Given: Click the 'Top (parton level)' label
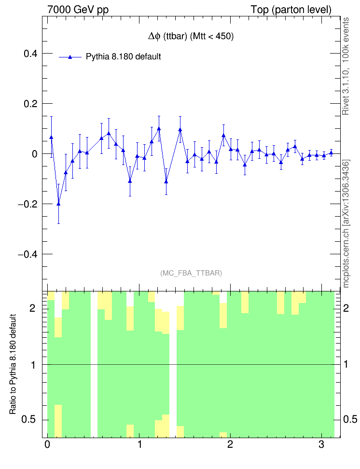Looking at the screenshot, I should coord(291,10).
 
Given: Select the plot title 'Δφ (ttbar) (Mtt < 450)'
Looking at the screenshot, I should coord(191,37).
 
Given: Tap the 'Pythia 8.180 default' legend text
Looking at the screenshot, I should coord(123,56).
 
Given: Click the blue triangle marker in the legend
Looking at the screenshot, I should coord(70,57).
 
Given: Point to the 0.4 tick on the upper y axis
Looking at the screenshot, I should coord(31,54).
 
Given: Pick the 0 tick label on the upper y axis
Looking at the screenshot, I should coord(34,154).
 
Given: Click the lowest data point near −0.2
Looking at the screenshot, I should coord(58,204).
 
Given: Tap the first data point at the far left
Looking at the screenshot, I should coord(51,138).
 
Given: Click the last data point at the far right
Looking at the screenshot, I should coord(331,152).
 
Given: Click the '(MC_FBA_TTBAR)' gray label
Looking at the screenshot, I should coord(191,273).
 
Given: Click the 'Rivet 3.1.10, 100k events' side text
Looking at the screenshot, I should coord(346,67).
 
